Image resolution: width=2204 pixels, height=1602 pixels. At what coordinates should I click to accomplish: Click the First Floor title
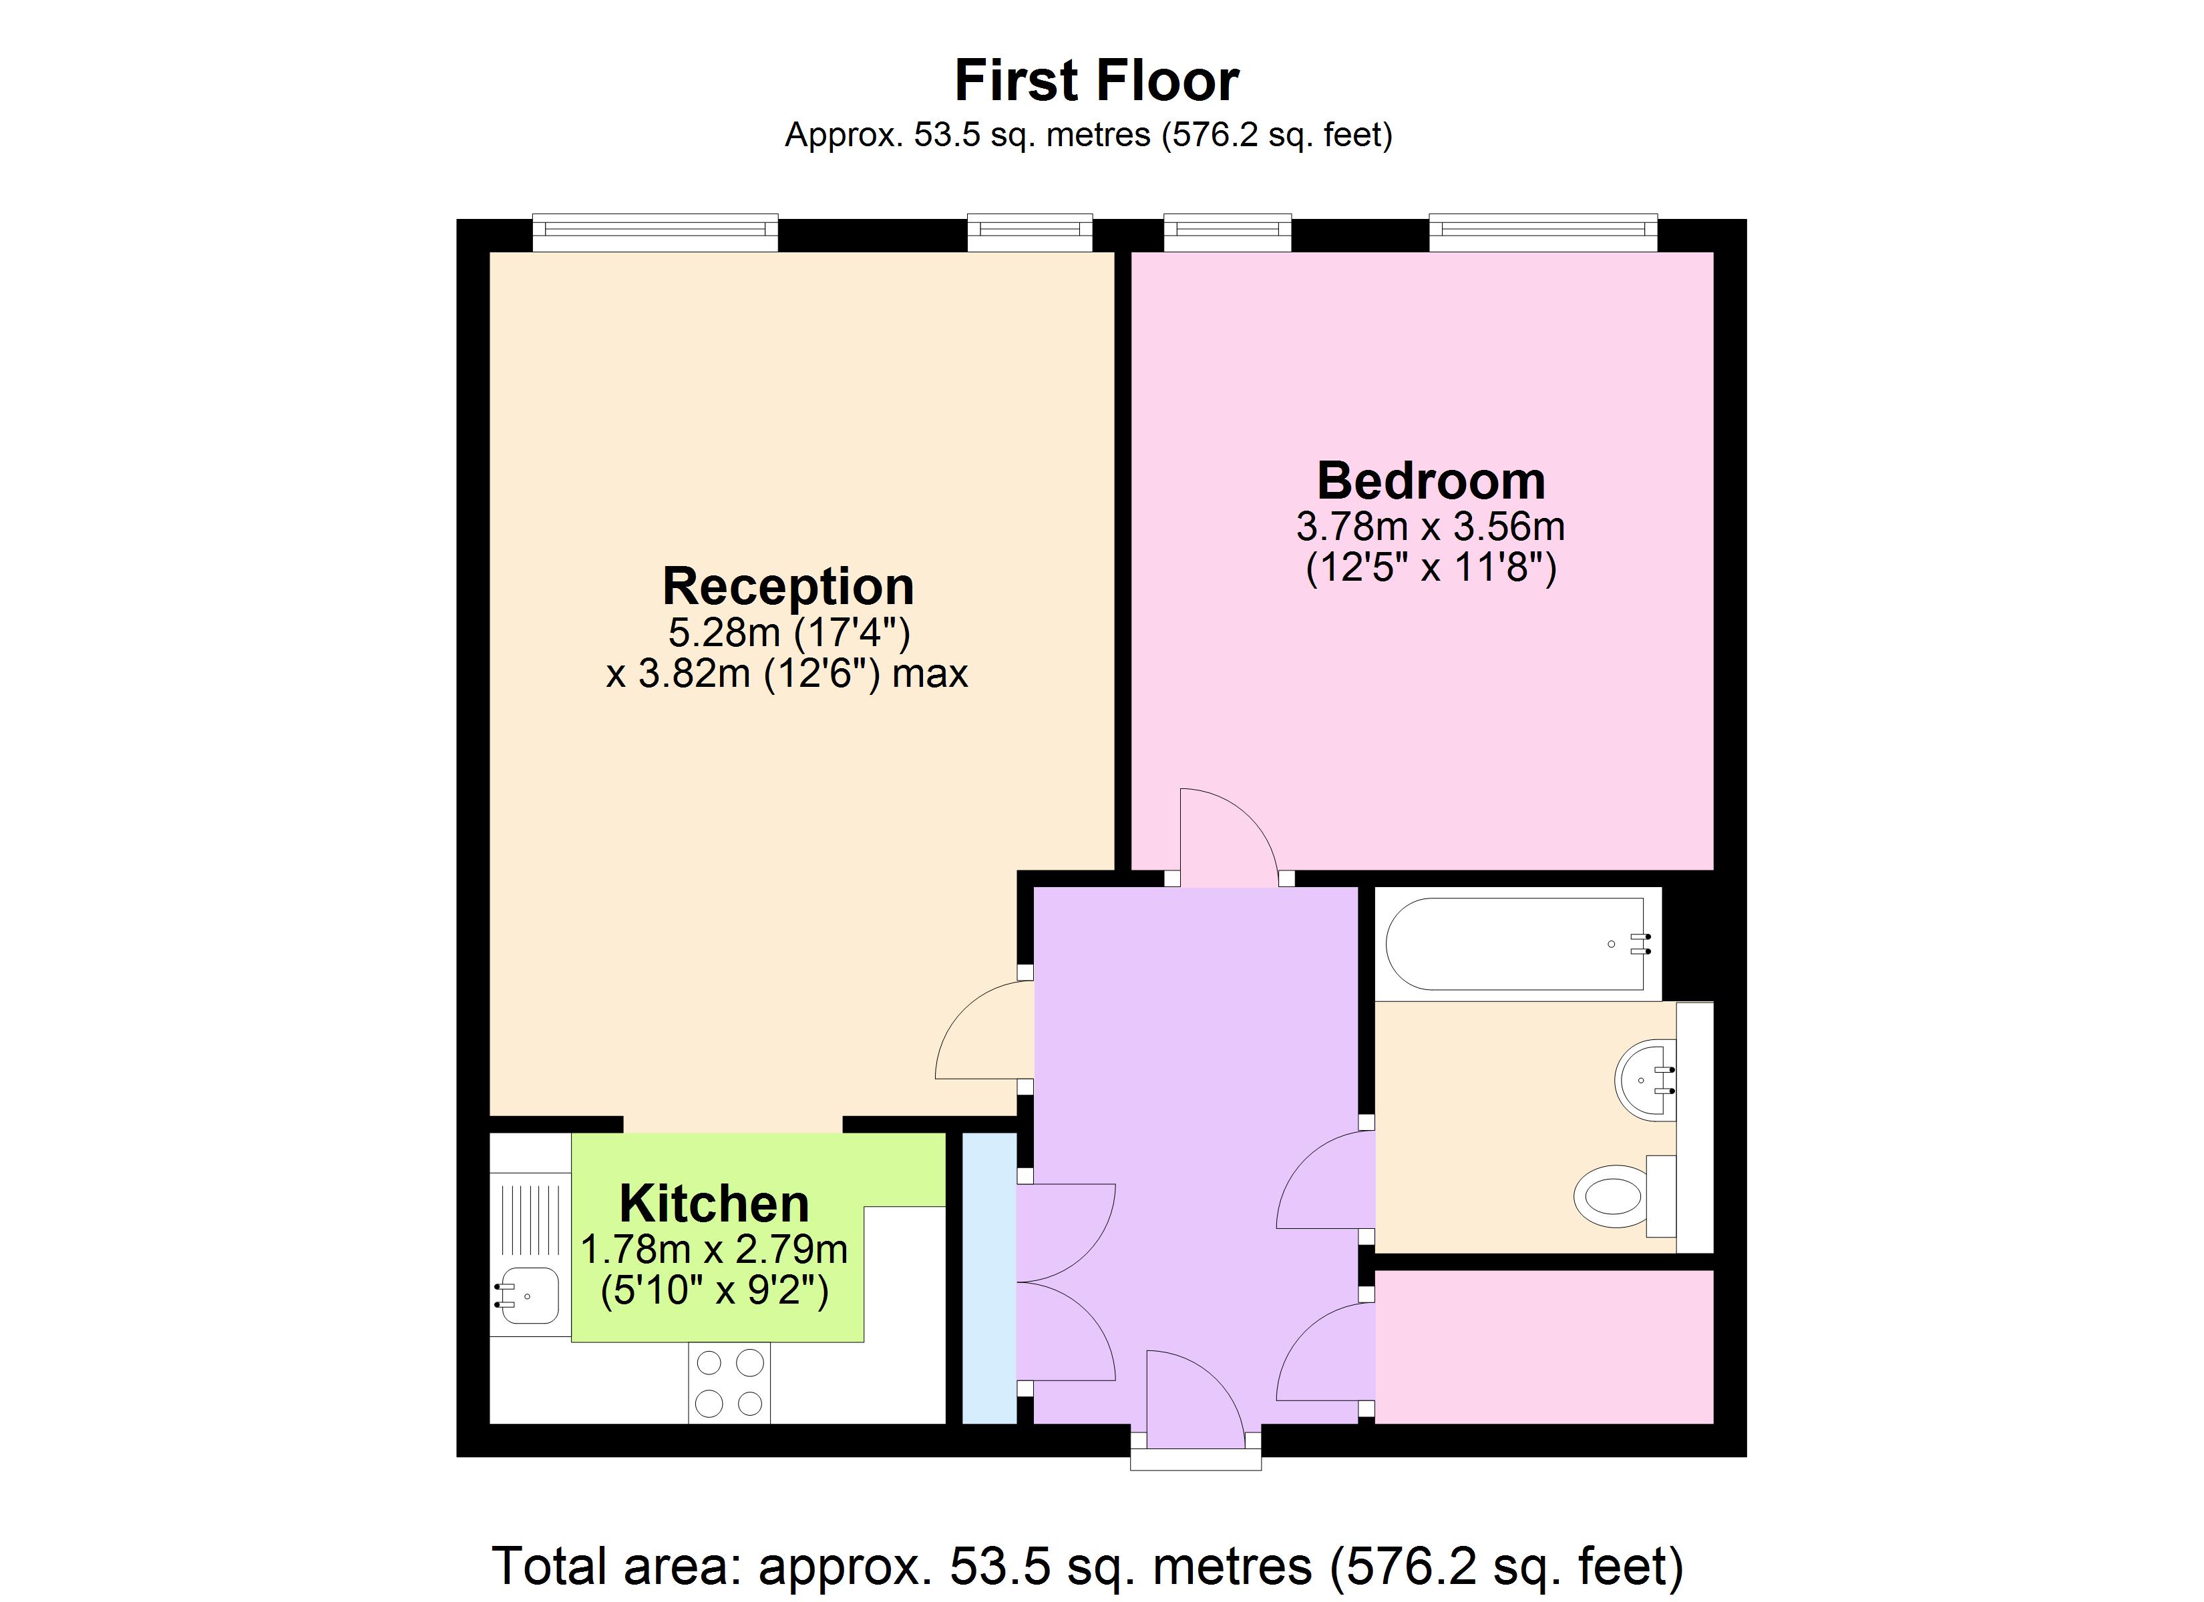(1095, 81)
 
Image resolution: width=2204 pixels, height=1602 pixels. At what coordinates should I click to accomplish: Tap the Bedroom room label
(1431, 481)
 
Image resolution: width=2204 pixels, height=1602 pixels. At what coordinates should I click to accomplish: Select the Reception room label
(787, 586)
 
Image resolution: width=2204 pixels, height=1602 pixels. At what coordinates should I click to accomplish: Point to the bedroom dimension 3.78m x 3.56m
(1431, 527)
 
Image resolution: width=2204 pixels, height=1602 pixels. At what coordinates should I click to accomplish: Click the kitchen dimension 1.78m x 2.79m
(714, 1250)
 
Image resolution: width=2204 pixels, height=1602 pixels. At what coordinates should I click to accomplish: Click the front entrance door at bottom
(1193, 1394)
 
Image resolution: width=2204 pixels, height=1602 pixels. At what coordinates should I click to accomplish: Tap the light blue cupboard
(989, 1278)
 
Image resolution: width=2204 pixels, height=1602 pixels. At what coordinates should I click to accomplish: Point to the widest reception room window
(655, 230)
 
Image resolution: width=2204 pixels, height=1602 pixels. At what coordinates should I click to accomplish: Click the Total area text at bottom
(1087, 1565)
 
